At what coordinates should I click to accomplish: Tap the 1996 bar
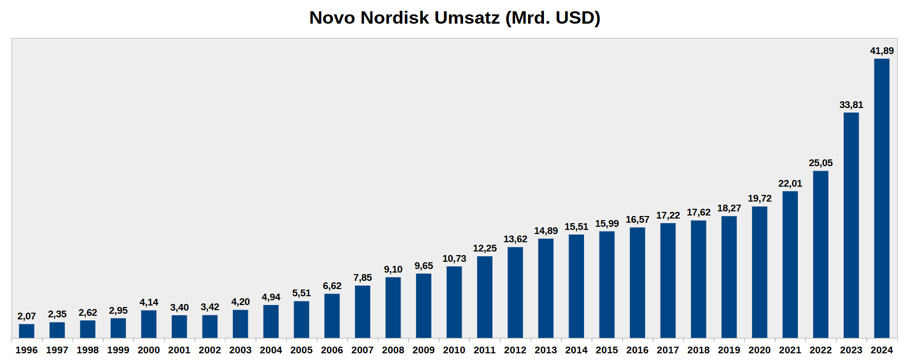point(27,331)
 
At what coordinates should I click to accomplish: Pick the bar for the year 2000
point(149,324)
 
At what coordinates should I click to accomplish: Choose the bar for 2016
point(637,282)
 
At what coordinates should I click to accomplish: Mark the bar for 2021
point(790,264)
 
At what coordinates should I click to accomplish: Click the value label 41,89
point(882,51)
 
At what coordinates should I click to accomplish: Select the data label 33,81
point(851,105)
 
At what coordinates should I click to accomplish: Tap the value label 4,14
point(149,302)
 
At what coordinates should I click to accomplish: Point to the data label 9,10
point(393,269)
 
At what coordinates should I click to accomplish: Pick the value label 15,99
point(607,224)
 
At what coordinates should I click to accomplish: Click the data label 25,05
point(821,163)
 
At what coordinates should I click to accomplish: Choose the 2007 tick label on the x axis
point(362,350)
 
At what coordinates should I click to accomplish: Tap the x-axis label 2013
point(546,350)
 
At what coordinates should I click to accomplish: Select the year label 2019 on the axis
point(729,350)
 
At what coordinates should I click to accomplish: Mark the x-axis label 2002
point(210,350)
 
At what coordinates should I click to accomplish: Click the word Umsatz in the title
point(467,18)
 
